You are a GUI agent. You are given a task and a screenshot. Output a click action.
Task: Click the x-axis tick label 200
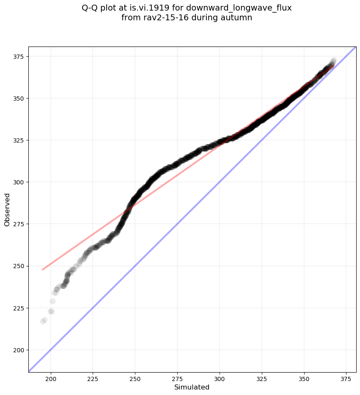click(x=51, y=379)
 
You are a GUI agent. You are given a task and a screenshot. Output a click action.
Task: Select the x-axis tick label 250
click(x=135, y=379)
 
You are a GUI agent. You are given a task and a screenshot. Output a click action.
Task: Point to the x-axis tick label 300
click(x=220, y=379)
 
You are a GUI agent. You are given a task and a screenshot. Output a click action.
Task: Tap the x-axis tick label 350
click(x=304, y=379)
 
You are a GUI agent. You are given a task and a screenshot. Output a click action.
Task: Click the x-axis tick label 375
click(x=346, y=379)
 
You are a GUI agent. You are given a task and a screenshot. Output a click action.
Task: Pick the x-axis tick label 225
click(x=93, y=379)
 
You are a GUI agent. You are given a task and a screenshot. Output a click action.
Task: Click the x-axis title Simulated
click(x=192, y=387)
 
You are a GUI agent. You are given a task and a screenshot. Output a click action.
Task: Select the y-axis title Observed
click(x=7, y=209)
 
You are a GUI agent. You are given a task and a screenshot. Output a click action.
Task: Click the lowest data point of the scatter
click(x=43, y=321)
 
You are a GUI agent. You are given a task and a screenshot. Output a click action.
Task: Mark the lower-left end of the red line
click(x=42, y=269)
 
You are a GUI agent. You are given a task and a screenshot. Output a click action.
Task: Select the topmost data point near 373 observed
click(x=334, y=60)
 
